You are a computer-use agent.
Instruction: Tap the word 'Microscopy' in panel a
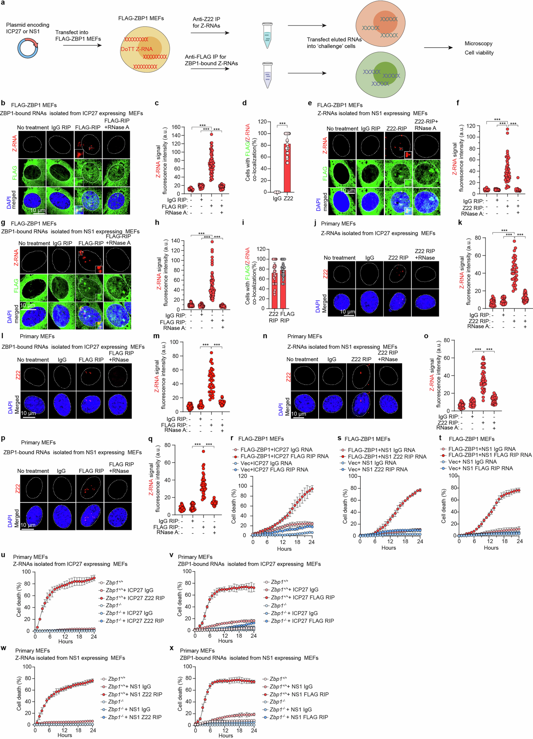[x=478, y=43]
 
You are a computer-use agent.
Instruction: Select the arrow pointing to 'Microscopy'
[x=438, y=48]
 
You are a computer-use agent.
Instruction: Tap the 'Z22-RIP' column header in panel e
[x=396, y=128]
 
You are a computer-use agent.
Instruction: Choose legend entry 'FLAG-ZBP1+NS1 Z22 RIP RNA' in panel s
[x=387, y=457]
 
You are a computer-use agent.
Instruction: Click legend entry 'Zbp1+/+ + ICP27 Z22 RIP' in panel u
[x=135, y=598]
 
